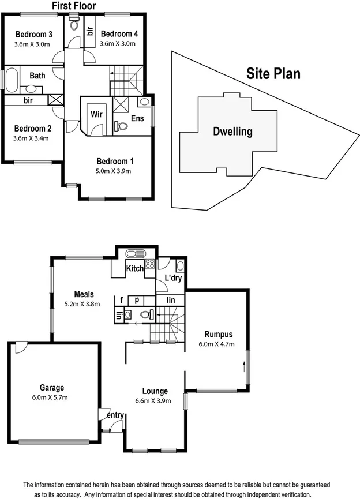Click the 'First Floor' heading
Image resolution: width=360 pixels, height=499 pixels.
(74, 6)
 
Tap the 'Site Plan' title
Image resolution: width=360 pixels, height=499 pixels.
(273, 74)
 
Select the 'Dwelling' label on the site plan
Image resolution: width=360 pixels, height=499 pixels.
(233, 132)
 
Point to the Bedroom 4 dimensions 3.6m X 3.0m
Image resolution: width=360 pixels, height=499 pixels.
(118, 43)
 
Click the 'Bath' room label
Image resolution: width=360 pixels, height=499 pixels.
(37, 76)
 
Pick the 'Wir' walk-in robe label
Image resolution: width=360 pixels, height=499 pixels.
(96, 114)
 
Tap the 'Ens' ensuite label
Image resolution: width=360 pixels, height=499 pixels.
(137, 118)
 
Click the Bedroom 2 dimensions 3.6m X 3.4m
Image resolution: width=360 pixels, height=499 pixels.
(31, 138)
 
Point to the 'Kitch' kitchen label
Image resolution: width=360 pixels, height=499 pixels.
(135, 268)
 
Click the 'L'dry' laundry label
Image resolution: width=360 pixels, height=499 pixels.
(173, 278)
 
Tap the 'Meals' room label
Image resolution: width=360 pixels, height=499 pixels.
(84, 294)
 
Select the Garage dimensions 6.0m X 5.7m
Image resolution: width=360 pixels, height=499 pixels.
(52, 397)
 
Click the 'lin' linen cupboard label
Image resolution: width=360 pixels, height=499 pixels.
(170, 300)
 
